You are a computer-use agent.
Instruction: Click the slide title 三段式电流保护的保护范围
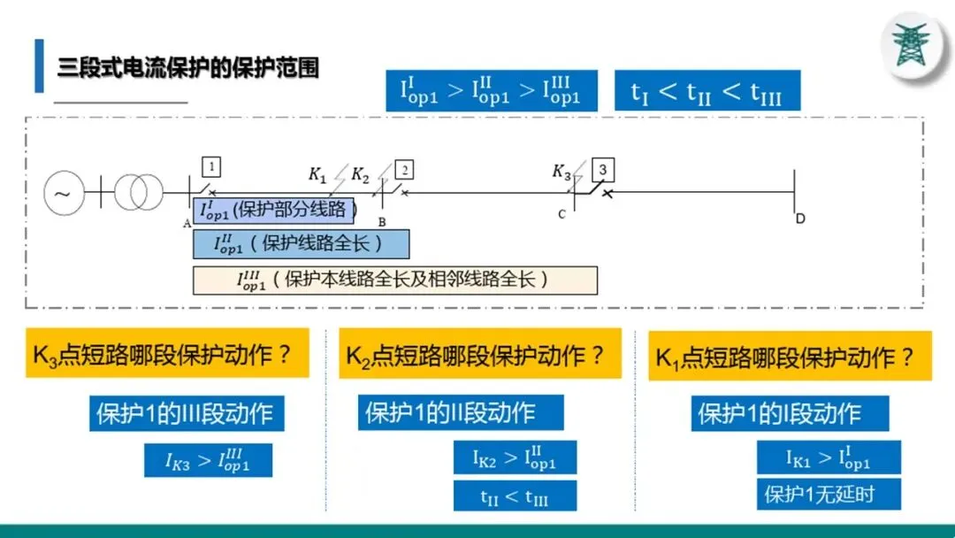coord(187,67)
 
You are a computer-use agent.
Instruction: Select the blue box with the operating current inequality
coord(491,90)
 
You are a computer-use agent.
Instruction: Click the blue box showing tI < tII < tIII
coord(707,90)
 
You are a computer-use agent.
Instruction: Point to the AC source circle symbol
coord(64,192)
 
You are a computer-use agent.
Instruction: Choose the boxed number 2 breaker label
coord(403,170)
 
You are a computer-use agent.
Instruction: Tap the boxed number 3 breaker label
coord(603,169)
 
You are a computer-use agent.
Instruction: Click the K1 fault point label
coord(317,173)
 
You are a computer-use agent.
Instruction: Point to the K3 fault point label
coord(562,171)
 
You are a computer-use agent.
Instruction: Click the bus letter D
coord(800,219)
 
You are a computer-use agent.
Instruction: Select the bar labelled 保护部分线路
coord(274,211)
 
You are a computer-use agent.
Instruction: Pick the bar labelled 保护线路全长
coord(301,243)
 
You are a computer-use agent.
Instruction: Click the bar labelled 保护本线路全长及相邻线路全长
coord(394,280)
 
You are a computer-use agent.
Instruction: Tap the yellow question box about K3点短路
coord(167,354)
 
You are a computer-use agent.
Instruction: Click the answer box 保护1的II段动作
coord(460,412)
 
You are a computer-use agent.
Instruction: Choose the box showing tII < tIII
coord(515,496)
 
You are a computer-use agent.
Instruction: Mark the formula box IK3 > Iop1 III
coord(208,460)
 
